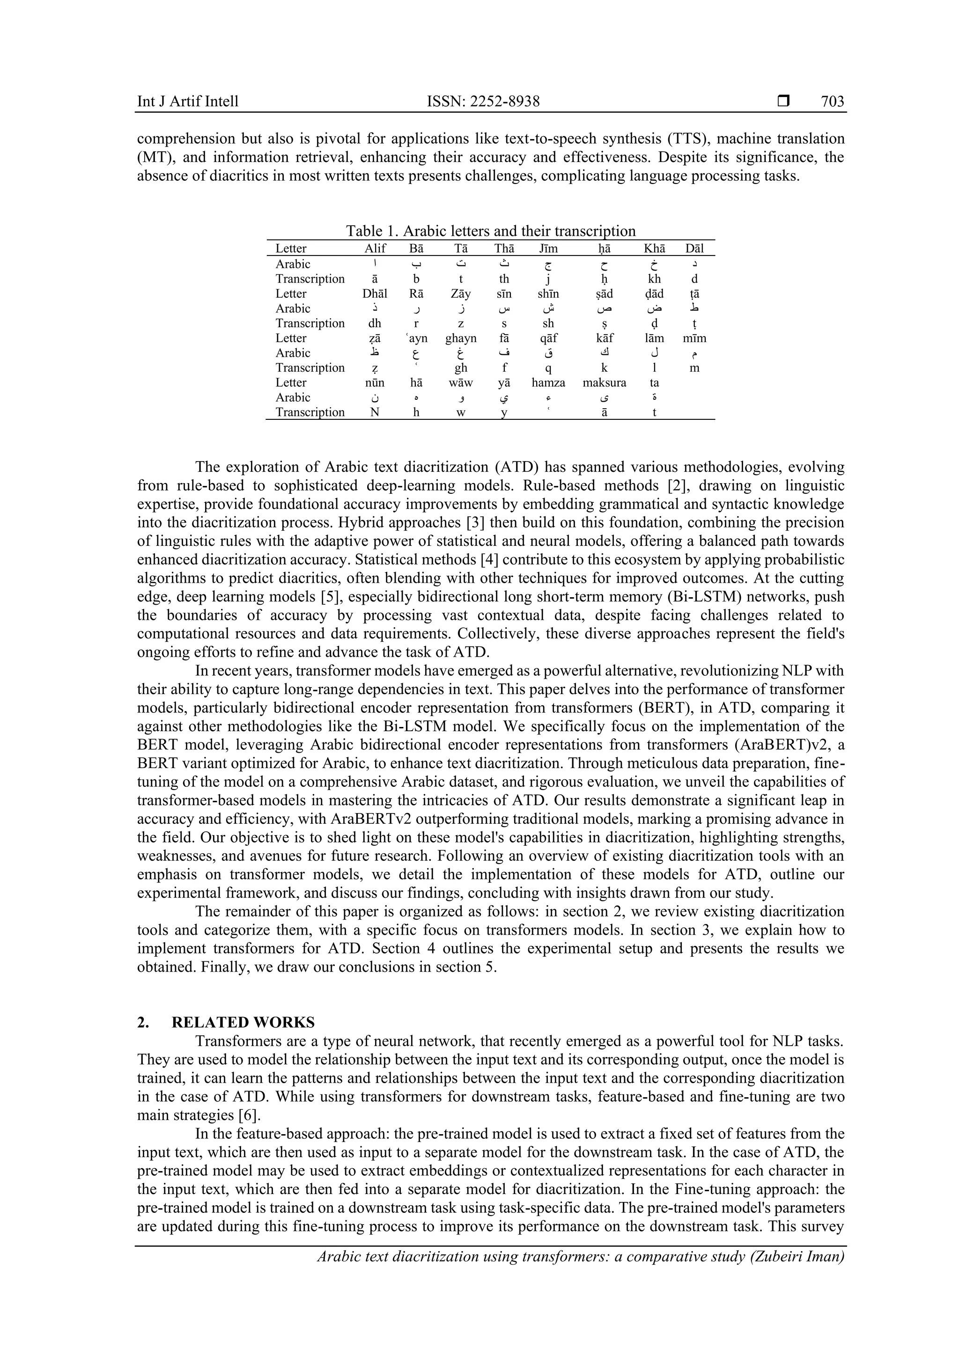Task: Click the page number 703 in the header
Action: [x=832, y=102]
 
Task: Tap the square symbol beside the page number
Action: [x=783, y=102]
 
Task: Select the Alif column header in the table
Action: [x=375, y=249]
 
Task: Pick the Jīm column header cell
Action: [x=548, y=249]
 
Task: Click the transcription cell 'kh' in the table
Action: [x=654, y=279]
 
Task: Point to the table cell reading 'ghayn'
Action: [x=460, y=338]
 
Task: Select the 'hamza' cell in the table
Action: [x=548, y=383]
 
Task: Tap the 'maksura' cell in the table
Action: [x=604, y=383]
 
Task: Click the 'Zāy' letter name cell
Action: [x=460, y=293]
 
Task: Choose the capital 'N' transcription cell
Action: [x=375, y=412]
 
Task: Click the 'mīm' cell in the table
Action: [x=694, y=338]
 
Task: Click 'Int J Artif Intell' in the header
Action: [x=188, y=102]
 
